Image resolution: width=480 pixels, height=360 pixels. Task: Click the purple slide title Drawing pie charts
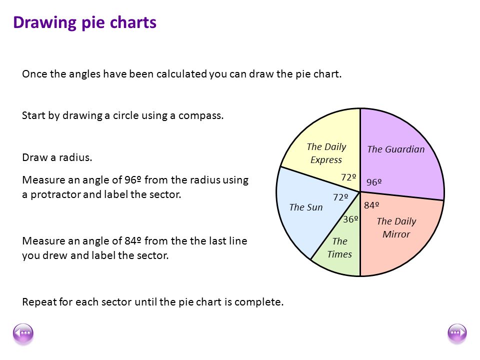[x=84, y=23]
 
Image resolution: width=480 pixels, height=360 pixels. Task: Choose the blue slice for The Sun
[x=300, y=220]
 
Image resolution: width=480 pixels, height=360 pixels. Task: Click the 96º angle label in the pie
[x=374, y=182]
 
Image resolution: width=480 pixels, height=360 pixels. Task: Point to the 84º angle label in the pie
[x=371, y=205]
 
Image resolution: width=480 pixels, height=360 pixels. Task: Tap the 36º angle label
[x=350, y=219]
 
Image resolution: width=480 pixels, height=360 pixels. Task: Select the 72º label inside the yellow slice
[x=348, y=177]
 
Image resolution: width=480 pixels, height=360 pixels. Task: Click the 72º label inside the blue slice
[x=340, y=197]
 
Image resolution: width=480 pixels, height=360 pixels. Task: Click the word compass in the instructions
[x=202, y=115]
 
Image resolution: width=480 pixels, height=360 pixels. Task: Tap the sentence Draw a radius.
[x=57, y=157]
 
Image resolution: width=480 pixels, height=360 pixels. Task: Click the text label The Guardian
[x=395, y=149]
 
